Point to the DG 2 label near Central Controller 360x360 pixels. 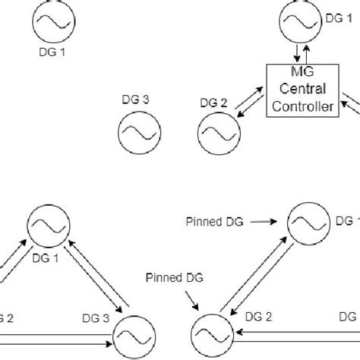pyautogui.click(x=211, y=103)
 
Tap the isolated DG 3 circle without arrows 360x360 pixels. pyautogui.click(x=137, y=130)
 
